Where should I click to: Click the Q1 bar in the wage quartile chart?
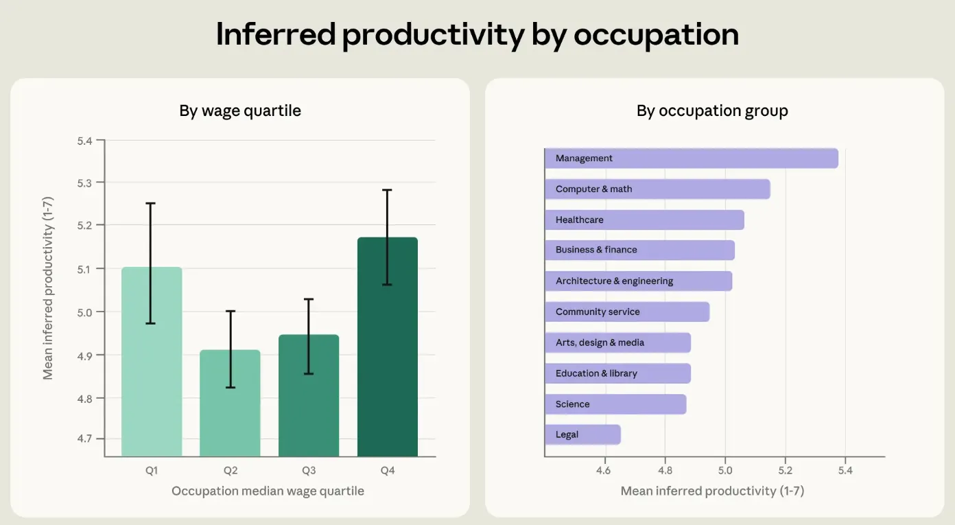tap(152, 362)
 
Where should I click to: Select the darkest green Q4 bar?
tap(388, 347)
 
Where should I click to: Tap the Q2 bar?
tap(231, 403)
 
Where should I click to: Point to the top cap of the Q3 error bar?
tap(309, 299)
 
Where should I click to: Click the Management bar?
tap(692, 159)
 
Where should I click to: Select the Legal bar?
tap(582, 434)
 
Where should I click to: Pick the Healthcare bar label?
tap(580, 220)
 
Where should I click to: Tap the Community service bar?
tap(627, 312)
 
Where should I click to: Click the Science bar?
tap(615, 404)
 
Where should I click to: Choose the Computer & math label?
tap(594, 189)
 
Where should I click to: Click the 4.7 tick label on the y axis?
tap(84, 439)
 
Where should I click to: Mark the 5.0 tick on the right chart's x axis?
tap(724, 470)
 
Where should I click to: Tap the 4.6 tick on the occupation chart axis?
tap(603, 470)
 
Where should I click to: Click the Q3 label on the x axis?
tap(309, 470)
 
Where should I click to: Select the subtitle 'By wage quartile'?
tap(240, 111)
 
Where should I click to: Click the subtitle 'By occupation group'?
tap(712, 111)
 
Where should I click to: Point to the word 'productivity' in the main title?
tap(433, 35)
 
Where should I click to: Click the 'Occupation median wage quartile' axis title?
tap(268, 491)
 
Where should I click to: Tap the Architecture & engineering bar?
tap(639, 281)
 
